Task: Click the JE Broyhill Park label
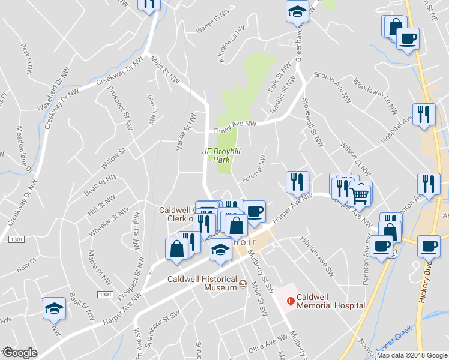(x=221, y=156)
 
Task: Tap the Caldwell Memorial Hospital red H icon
(x=291, y=301)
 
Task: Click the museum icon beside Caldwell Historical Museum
(x=243, y=284)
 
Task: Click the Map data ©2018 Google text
(x=412, y=355)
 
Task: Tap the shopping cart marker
(x=360, y=193)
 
